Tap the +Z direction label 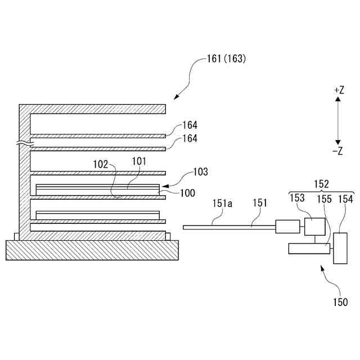click(338, 90)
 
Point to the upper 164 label click(190, 126)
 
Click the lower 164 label click(190, 138)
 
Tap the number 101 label click(139, 161)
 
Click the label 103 click(200, 172)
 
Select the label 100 click(188, 193)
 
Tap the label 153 click(298, 198)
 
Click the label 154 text click(345, 198)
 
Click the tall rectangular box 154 click(340, 247)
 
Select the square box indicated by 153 click(314, 226)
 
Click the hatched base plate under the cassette click(92, 250)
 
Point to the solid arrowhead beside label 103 click(165, 184)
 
